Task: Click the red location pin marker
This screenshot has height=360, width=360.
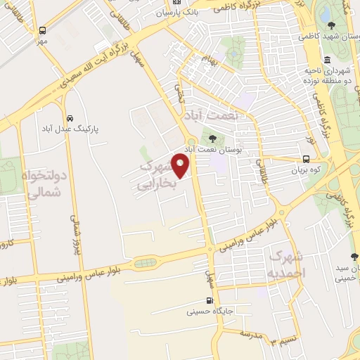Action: tap(181, 167)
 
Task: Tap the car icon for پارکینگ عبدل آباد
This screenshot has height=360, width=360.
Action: tap(70, 119)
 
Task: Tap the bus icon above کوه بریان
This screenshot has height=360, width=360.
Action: tap(307, 159)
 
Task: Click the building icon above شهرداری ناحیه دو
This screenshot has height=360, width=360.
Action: tap(328, 58)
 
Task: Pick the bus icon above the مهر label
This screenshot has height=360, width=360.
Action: tap(43, 31)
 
